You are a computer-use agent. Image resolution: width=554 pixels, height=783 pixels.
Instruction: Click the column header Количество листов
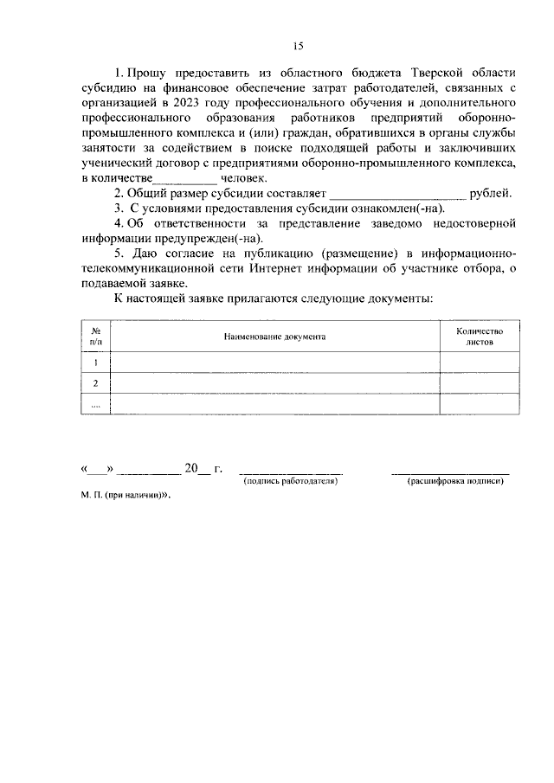coord(479,337)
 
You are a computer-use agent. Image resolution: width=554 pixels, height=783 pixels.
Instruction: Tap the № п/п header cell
coord(95,337)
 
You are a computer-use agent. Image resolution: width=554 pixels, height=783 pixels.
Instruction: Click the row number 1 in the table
coord(95,363)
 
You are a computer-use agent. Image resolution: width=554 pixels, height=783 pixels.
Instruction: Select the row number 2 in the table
coord(95,384)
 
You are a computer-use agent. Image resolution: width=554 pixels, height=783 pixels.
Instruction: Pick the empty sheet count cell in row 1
coord(479,363)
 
